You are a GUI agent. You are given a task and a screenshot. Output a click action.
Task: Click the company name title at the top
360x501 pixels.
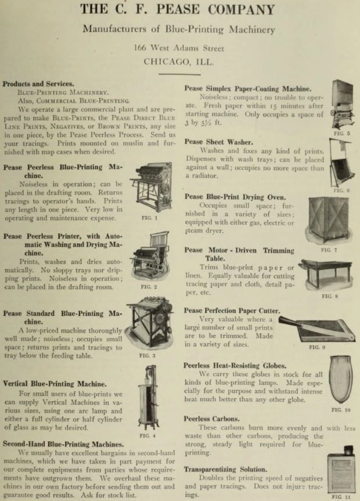coord(178,10)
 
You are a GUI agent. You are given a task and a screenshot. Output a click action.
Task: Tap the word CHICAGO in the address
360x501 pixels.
coord(165,61)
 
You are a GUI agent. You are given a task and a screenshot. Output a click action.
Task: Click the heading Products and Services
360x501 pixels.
coord(38,84)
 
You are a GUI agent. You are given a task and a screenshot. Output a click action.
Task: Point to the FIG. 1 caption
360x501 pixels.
coord(149,218)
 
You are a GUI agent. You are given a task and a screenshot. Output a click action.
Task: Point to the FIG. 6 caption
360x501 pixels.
coord(341,190)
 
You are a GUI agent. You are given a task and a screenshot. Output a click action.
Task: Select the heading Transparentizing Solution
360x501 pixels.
coord(226,468)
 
